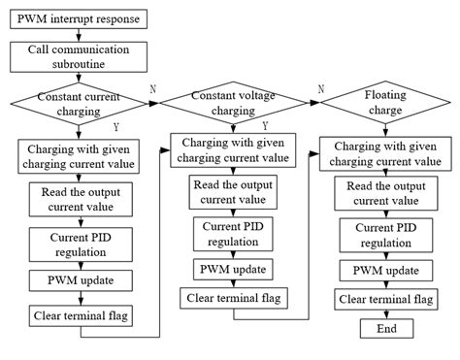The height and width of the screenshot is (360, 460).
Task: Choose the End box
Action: [385, 329]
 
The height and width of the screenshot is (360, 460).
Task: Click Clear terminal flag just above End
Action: [385, 298]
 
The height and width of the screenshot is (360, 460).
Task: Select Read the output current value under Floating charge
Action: [385, 192]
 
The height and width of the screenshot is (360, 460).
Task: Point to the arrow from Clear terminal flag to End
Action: [385, 313]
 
